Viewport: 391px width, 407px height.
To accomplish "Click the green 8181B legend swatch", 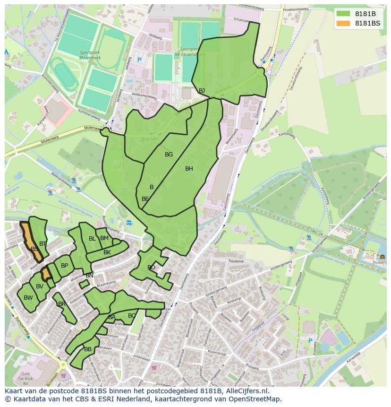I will tap(343, 14).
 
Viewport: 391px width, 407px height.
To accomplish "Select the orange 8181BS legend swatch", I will tap(343, 23).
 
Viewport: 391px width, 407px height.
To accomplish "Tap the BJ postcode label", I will tap(202, 90).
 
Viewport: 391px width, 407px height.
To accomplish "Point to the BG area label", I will tap(169, 155).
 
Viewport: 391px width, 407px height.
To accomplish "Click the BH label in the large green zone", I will tap(189, 169).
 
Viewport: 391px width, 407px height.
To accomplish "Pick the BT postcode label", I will tap(43, 244).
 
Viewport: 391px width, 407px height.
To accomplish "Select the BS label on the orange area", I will tap(34, 249).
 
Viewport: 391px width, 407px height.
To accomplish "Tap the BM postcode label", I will tap(104, 238).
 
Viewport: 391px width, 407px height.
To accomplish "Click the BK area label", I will tap(107, 252).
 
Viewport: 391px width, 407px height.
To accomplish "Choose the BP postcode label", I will tap(64, 266).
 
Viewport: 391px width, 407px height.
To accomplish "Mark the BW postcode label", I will tap(28, 298).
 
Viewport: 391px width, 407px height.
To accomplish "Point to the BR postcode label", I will tap(62, 304).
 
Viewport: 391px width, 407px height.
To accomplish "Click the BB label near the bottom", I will tap(88, 349).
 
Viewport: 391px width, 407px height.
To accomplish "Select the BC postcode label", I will tap(132, 316).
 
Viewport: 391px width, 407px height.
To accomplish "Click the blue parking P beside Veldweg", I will tap(139, 60).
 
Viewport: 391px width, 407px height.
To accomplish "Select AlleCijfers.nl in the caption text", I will tap(246, 391).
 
